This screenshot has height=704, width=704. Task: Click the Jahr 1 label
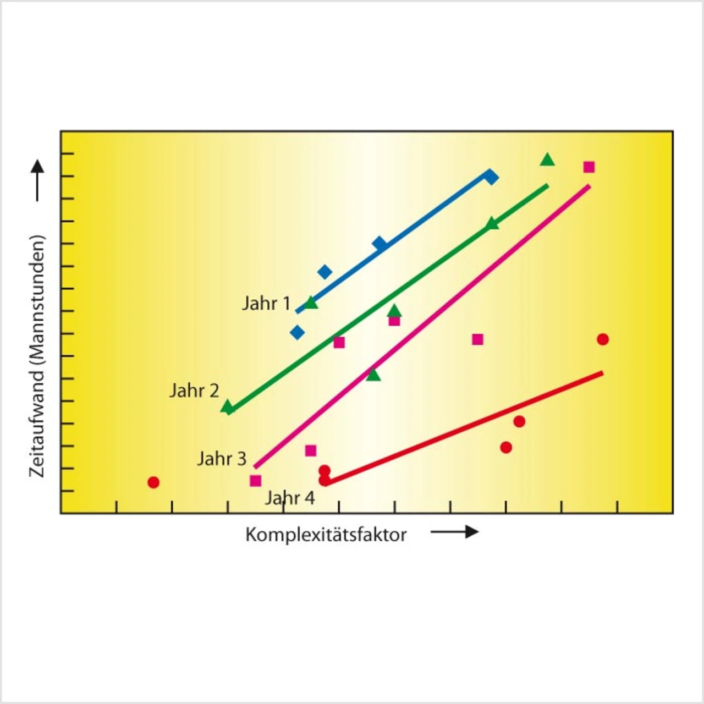[266, 303]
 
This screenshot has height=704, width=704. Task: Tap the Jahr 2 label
[194, 391]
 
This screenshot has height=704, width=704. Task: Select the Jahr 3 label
[222, 459]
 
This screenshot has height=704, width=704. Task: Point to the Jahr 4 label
[290, 498]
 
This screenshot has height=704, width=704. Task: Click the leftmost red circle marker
[153, 482]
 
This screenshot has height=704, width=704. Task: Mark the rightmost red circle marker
[603, 339]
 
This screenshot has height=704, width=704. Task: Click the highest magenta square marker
[589, 167]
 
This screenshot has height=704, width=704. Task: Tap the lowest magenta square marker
[255, 481]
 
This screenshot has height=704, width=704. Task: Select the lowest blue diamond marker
[297, 332]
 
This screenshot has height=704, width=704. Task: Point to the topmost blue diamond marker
[491, 177]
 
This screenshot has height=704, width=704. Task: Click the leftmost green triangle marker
[227, 408]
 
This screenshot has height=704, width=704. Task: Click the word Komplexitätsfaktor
[326, 535]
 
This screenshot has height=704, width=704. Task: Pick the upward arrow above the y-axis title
[37, 180]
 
